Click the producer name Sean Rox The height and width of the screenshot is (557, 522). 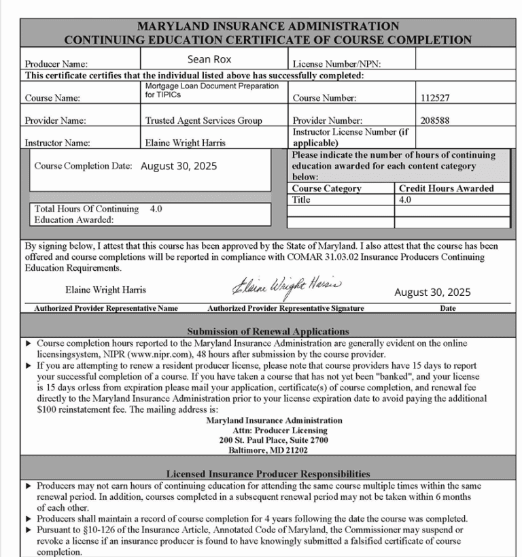(209, 60)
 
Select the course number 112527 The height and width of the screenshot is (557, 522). (436, 98)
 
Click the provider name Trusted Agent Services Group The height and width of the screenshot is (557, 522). (203, 121)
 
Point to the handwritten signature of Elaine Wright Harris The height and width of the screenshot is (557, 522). (288, 285)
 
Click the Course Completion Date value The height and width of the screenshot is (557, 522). (179, 166)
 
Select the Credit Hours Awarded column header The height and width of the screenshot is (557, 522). (446, 188)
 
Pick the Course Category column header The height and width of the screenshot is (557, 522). (327, 188)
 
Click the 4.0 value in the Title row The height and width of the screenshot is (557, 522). (405, 200)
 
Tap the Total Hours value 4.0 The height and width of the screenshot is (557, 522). (156, 209)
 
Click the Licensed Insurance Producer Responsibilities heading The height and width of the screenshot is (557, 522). (268, 473)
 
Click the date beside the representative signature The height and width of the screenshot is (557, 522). (432, 292)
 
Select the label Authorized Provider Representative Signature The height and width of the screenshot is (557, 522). (285, 308)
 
